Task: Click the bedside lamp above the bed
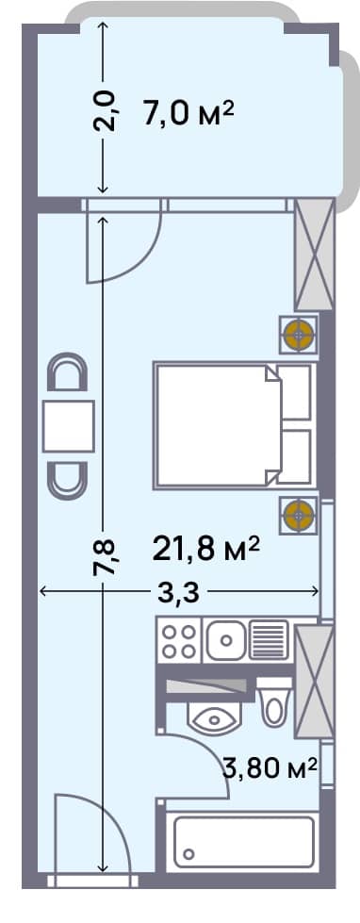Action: (x=300, y=334)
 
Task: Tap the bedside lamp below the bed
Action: (x=300, y=514)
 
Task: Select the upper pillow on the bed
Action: (x=296, y=392)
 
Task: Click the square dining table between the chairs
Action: (x=69, y=426)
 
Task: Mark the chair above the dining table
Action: (x=69, y=374)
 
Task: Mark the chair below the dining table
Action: (x=69, y=479)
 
